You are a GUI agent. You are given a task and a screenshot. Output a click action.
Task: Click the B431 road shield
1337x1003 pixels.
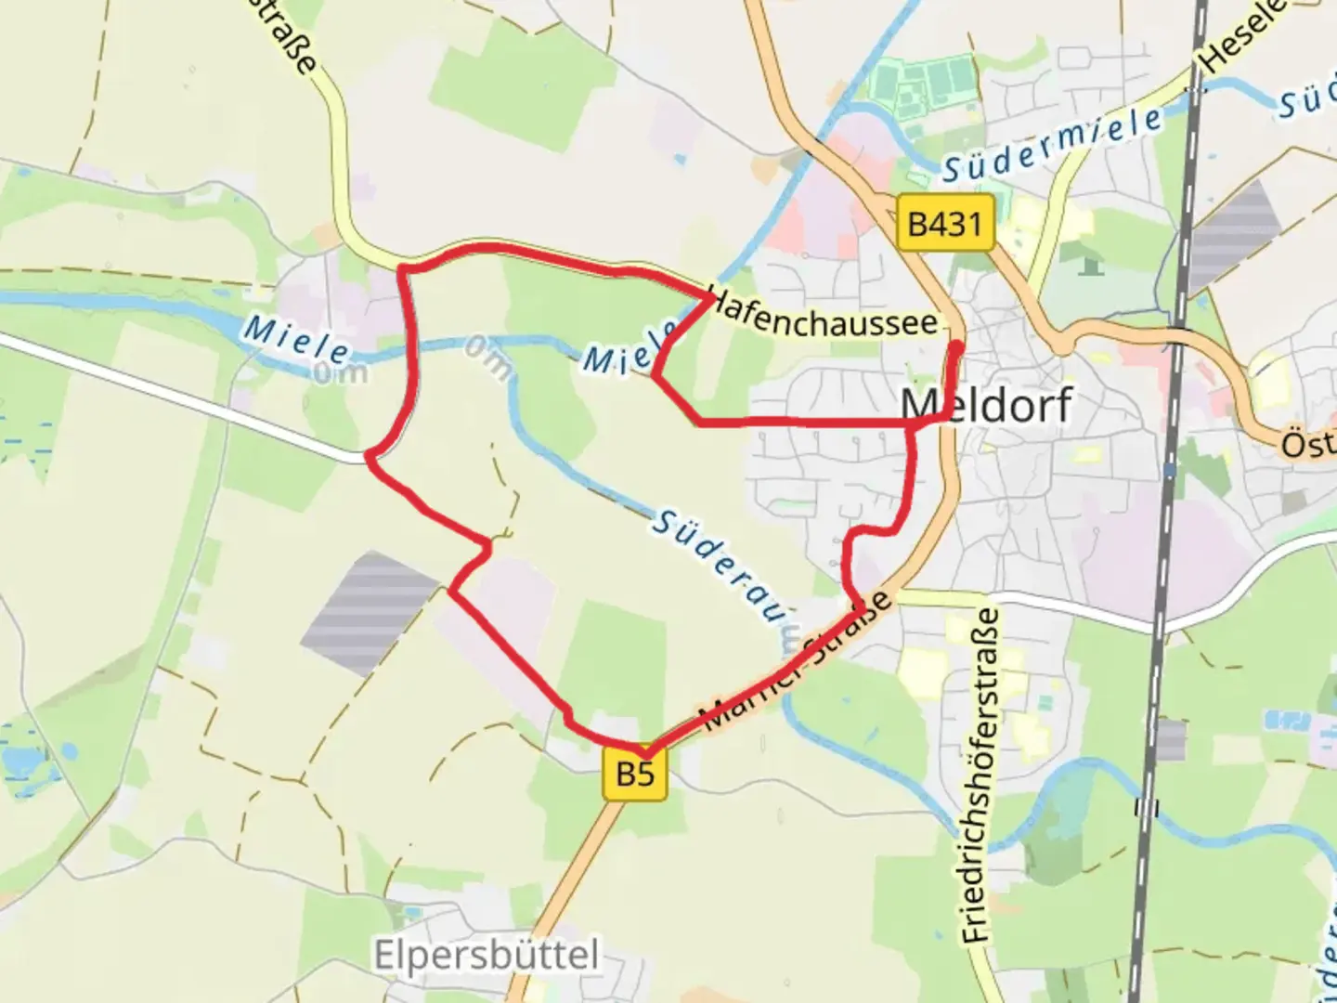pyautogui.click(x=945, y=223)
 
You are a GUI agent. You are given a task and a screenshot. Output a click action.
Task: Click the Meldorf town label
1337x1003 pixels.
pyautogui.click(x=986, y=405)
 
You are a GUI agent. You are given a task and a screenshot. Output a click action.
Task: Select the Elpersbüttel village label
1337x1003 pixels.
pyautogui.click(x=487, y=955)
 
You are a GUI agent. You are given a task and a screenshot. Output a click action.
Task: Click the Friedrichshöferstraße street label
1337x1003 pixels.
pyautogui.click(x=980, y=775)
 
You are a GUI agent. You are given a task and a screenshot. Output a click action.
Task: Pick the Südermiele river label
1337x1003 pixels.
pyautogui.click(x=1051, y=144)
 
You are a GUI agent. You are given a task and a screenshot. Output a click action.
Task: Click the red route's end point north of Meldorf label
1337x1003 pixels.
pyautogui.click(x=957, y=346)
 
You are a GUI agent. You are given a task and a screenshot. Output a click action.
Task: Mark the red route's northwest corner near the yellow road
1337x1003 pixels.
pyautogui.click(x=401, y=269)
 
